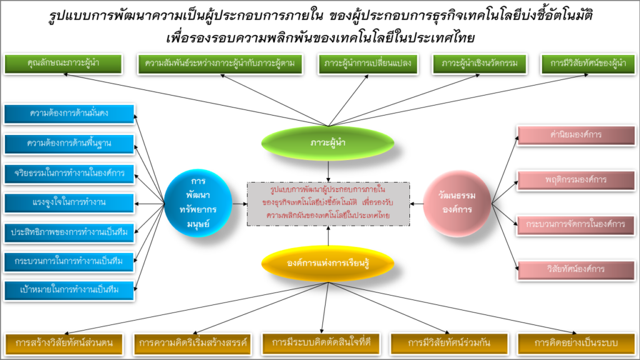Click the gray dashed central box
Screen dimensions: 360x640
tap(328, 204)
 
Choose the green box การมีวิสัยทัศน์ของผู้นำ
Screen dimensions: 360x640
tap(588, 63)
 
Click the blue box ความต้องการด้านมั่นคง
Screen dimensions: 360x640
tap(69, 113)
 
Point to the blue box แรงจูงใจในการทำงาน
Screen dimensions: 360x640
tap(69, 202)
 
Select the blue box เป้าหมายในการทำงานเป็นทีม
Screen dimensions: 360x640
tap(69, 289)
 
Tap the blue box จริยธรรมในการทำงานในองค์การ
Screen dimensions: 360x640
tap(69, 172)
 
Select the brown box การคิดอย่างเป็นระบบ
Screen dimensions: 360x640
tap(576, 343)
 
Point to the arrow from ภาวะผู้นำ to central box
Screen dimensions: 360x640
tap(328, 171)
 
